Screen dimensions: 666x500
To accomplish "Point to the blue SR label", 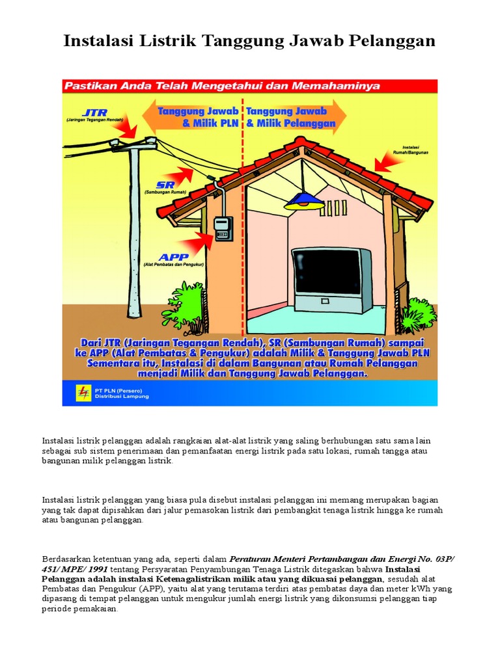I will point(156,185).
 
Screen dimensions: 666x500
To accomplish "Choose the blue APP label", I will point(157,257).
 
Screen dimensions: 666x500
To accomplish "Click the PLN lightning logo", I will point(85,392).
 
